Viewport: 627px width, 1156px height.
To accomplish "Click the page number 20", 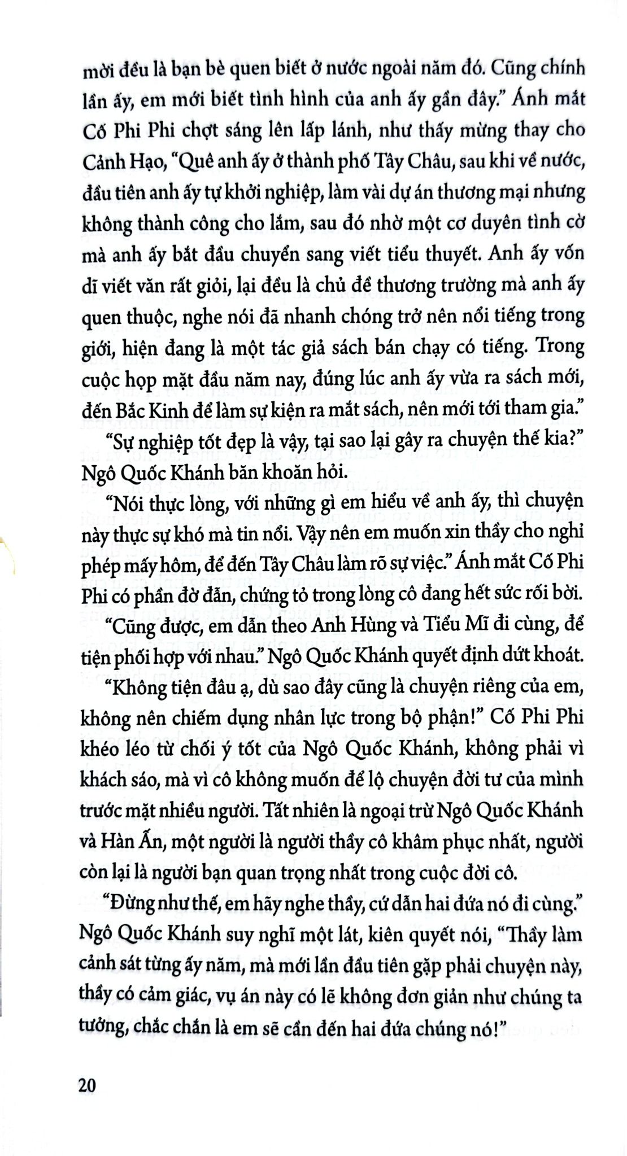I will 88,1085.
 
